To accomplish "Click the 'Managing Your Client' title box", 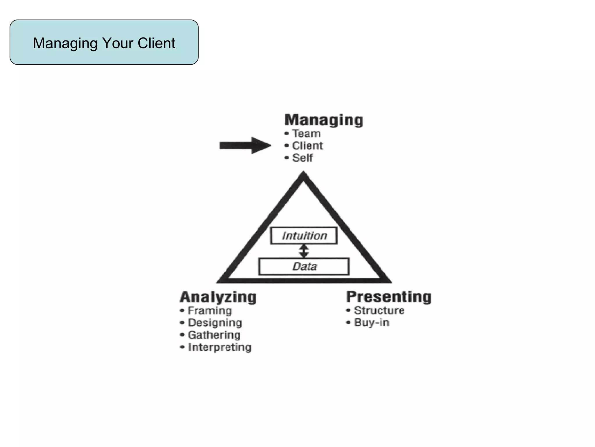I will (104, 42).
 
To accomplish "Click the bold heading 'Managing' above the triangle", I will (324, 120).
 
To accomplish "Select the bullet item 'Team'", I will (306, 134).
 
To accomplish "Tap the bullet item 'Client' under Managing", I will (307, 146).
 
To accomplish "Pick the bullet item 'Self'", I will (302, 158).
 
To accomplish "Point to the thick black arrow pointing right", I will (245, 145).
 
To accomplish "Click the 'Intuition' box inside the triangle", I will (304, 235).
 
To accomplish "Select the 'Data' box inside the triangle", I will (304, 266).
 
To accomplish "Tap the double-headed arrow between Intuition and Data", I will (304, 251).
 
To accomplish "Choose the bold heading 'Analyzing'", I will (218, 297).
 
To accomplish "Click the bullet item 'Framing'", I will (210, 311).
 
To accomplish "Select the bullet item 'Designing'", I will (215, 323).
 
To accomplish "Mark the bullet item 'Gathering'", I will (214, 335).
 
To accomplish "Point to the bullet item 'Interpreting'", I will (220, 347).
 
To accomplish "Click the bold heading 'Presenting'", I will (389, 297).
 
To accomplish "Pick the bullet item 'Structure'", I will (379, 311).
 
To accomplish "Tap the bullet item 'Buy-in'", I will (372, 322).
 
